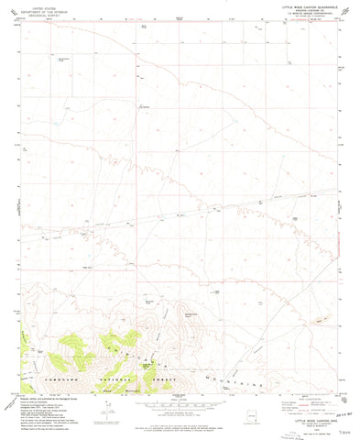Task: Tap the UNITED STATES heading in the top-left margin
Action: pyautogui.click(x=42, y=5)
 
